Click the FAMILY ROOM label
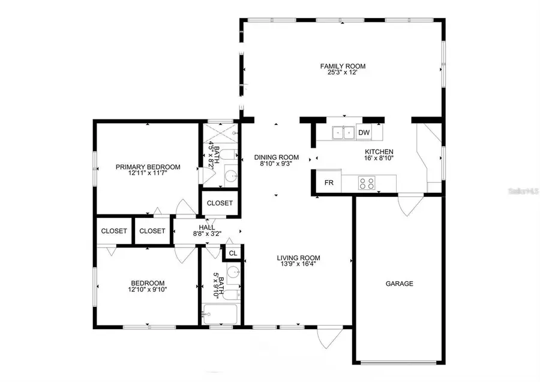(343, 66)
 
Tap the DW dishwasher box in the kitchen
(364, 132)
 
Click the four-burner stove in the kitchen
(366, 183)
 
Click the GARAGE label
(399, 283)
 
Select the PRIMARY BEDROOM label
(148, 167)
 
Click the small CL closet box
(233, 253)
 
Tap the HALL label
(206, 227)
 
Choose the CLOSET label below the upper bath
(220, 203)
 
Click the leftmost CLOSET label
(113, 231)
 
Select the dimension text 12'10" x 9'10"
(148, 290)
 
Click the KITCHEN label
(379, 152)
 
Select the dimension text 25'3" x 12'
(343, 73)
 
